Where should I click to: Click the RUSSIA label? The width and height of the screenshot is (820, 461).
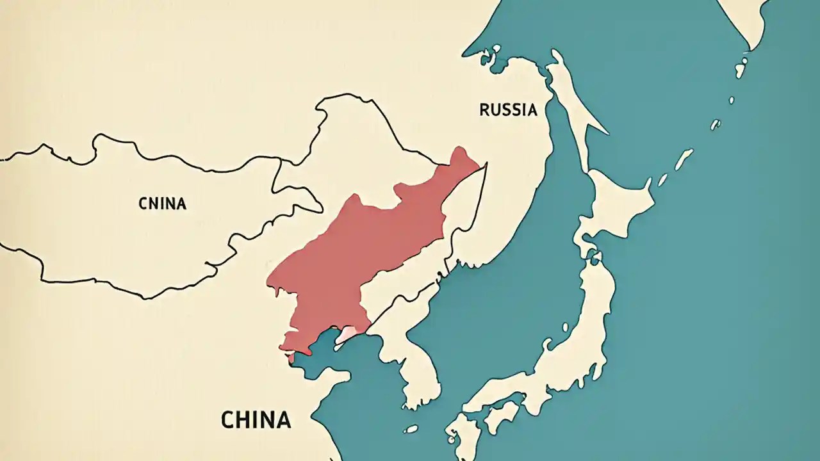tap(508, 110)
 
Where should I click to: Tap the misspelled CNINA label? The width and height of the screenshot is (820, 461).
tap(162, 204)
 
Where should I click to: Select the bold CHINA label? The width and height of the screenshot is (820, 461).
tap(256, 420)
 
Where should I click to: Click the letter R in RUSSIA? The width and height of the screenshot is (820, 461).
tap(484, 110)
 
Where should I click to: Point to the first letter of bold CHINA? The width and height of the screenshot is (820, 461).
tap(227, 420)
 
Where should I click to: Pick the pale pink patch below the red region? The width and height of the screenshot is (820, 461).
tap(347, 334)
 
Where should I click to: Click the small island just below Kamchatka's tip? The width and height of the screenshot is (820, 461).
tap(741, 67)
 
